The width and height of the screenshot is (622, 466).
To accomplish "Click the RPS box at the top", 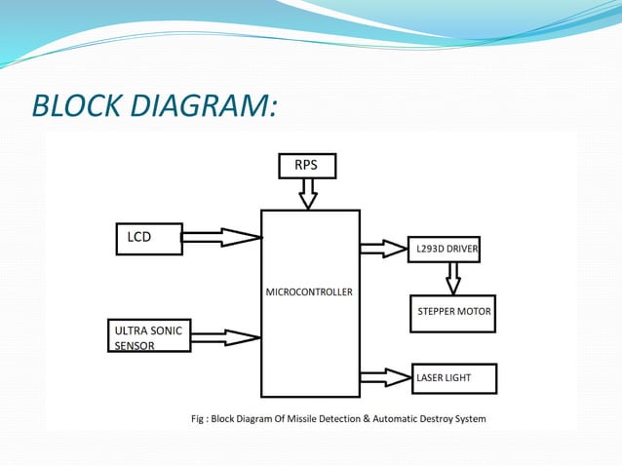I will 306,166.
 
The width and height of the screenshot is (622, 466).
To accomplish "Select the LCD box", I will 148,239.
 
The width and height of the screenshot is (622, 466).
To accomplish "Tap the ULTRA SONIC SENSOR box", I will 147,336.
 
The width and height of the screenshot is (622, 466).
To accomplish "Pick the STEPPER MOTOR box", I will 452,312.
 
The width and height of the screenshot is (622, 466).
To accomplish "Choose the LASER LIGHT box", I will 454,377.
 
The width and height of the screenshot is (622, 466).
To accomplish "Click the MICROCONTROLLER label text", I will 309,291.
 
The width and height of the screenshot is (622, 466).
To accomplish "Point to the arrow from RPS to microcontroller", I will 308,195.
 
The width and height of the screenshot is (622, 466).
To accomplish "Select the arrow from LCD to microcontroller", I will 221,237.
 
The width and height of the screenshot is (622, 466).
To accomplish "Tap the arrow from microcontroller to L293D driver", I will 383,250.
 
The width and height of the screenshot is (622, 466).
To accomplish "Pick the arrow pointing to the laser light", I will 385,376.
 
